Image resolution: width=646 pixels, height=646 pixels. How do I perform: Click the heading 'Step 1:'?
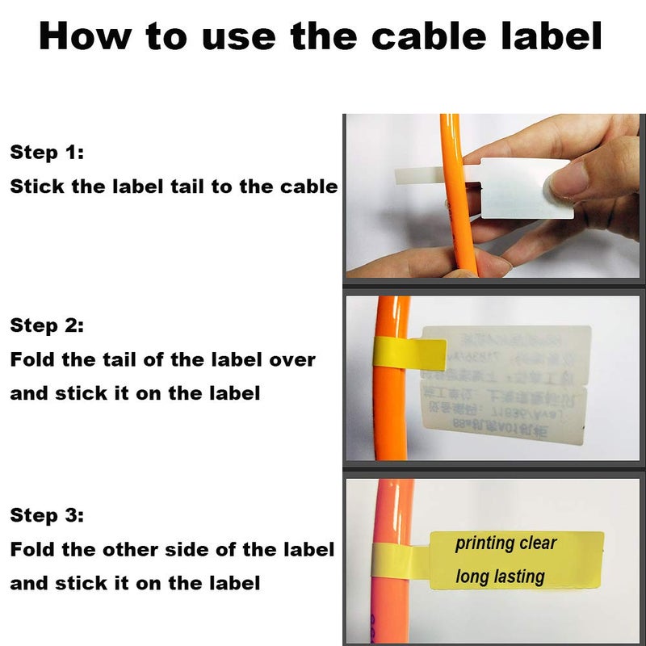pyautogui.click(x=47, y=153)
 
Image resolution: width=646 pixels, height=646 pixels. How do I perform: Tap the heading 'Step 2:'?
pyautogui.click(x=47, y=325)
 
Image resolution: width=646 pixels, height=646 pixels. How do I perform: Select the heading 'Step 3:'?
pyautogui.click(x=47, y=515)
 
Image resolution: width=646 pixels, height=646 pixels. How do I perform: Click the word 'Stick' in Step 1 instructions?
pyautogui.click(x=36, y=187)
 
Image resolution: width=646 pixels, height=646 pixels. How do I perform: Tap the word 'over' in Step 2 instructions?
pyautogui.click(x=290, y=359)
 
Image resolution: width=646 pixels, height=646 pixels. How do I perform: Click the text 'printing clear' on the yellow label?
pyautogui.click(x=505, y=543)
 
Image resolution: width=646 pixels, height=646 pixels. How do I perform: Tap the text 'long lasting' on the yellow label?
pyautogui.click(x=500, y=577)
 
